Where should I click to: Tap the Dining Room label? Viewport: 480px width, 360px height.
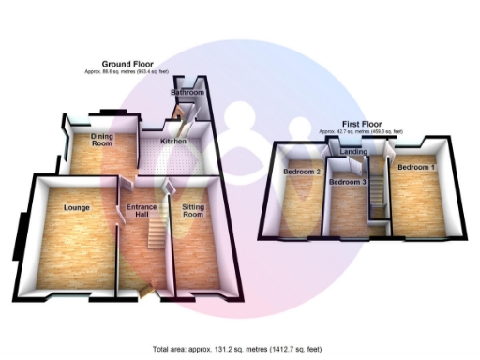click(x=101, y=141)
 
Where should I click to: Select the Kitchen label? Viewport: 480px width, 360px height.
click(x=173, y=142)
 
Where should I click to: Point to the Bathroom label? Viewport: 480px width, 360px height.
click(x=187, y=93)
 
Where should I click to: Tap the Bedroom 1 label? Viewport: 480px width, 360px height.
click(x=414, y=167)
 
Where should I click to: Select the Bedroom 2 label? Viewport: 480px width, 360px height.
click(x=303, y=172)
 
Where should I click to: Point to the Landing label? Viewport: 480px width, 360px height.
click(x=353, y=152)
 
